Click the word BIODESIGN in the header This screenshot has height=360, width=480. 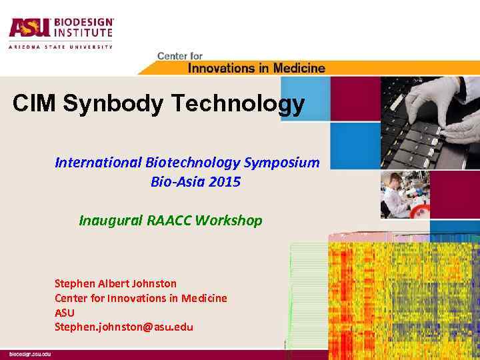83,22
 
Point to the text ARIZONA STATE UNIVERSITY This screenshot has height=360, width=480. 61,47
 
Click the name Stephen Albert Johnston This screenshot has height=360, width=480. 115,283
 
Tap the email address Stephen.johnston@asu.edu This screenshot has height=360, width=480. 123,327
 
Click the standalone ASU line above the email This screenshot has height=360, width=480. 65,313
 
